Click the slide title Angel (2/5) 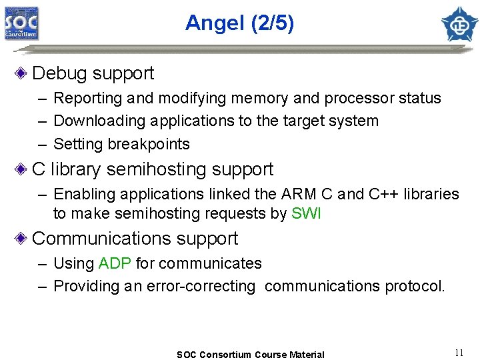tap(239, 23)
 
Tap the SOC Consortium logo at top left tap(22, 23)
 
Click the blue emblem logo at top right tap(459, 24)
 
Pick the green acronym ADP tap(115, 263)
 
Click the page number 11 tap(459, 353)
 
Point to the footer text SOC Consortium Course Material tap(250, 355)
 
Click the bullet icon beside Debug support tap(23, 73)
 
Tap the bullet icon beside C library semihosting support tap(23, 169)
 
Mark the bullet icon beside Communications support tap(23, 239)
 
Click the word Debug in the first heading tap(60, 73)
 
